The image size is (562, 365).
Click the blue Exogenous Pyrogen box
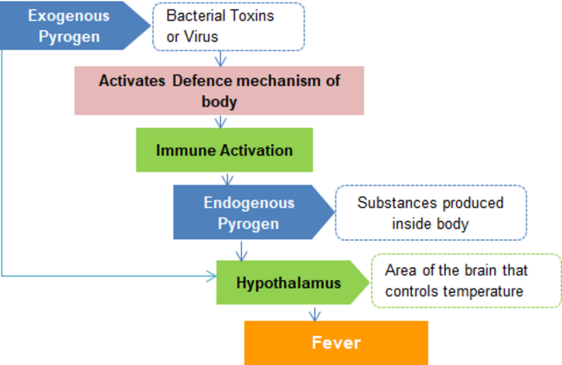(72, 25)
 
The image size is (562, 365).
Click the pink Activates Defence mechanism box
(219, 91)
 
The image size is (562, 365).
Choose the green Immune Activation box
(225, 150)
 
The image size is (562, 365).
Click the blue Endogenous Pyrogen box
(252, 212)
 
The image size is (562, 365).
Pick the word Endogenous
(249, 203)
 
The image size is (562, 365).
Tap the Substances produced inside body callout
(431, 212)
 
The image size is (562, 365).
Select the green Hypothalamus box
(292, 283)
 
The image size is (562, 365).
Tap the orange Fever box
(337, 342)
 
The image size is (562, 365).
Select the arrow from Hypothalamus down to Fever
(315, 314)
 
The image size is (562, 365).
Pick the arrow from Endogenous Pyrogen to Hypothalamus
(241, 251)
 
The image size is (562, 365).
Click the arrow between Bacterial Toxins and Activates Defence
(220, 59)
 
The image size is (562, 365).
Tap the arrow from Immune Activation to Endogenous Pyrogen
(227, 179)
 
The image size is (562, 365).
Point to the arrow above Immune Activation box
(220, 122)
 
